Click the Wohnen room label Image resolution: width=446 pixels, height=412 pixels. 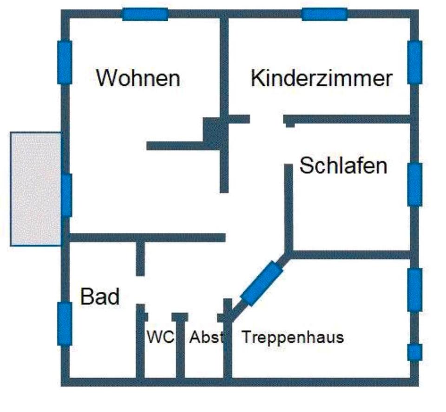138,78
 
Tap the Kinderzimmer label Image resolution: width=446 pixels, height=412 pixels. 321,78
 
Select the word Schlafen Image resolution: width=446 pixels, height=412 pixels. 343,166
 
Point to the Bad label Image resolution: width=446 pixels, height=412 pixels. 100,296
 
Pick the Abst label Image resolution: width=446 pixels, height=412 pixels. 205,337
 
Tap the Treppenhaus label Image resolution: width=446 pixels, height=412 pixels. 293,337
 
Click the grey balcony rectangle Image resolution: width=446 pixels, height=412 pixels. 36,188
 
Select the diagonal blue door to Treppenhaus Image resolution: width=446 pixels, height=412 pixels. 262,283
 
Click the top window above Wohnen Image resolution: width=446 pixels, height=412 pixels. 145,14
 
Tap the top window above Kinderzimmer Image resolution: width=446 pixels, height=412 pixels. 324,14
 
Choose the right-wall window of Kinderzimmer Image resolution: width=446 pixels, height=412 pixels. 415,62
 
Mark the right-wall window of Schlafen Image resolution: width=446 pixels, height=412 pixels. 415,184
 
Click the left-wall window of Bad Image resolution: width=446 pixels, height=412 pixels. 65,323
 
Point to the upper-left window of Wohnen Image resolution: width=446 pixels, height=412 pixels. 65,62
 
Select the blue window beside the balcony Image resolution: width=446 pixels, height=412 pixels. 67,195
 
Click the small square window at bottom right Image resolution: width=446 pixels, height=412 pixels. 415,352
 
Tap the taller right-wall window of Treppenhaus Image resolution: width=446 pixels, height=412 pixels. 415,290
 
